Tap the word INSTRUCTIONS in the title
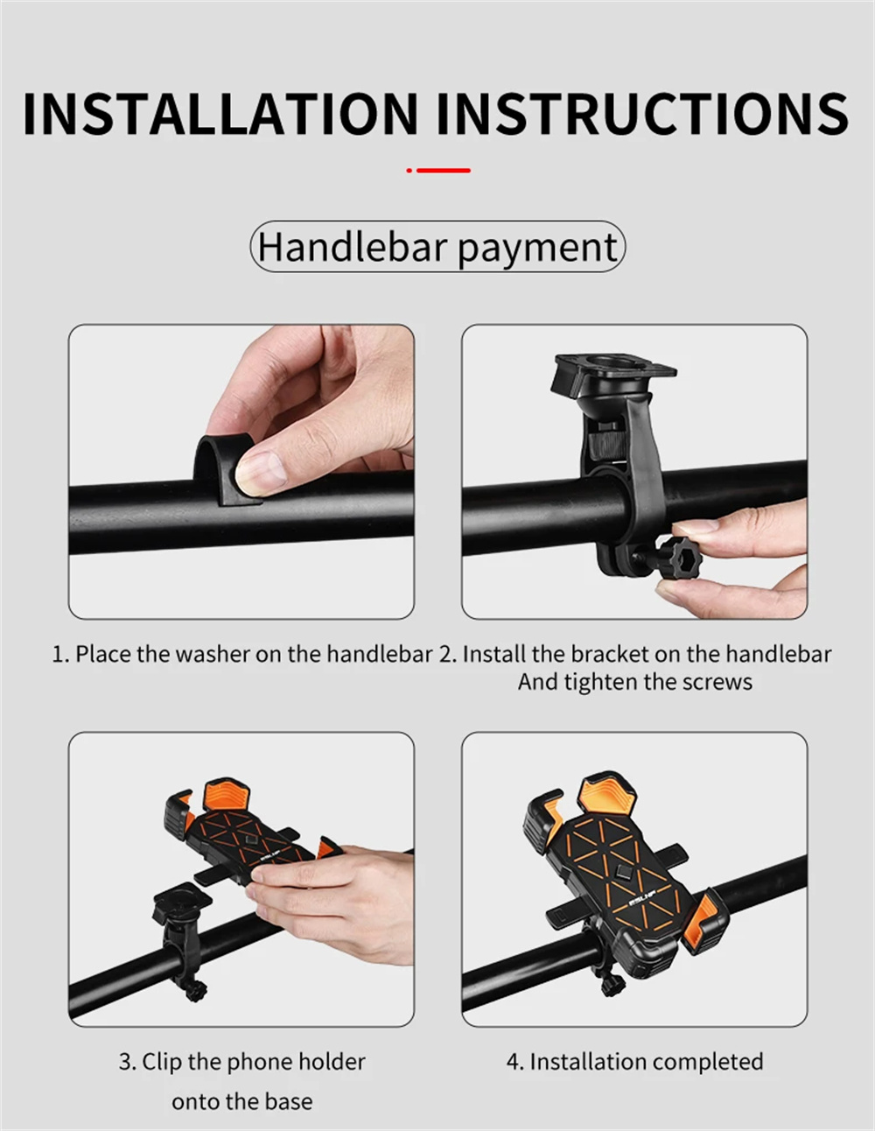pyautogui.click(x=643, y=114)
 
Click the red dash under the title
pyautogui.click(x=444, y=170)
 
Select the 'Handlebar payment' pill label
pyautogui.click(x=437, y=246)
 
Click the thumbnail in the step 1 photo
pyautogui.click(x=260, y=472)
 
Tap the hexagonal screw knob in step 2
pyautogui.click(x=680, y=556)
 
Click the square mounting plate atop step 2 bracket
pyautogui.click(x=614, y=375)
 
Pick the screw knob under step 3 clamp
pyautogui.click(x=196, y=990)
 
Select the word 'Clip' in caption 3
pyautogui.click(x=162, y=1062)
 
